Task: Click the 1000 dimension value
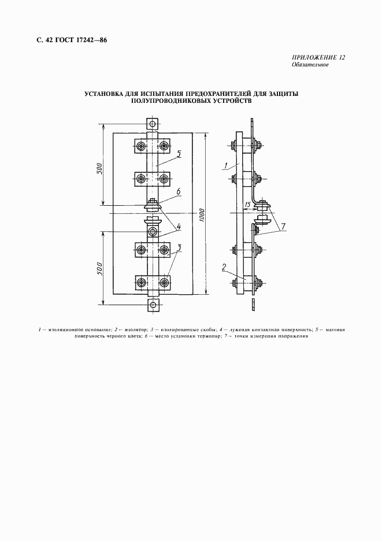pos(202,216)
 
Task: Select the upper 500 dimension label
pos(99,168)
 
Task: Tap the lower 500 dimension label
pos(99,269)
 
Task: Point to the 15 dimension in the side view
pos(247,205)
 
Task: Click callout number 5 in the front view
pos(179,153)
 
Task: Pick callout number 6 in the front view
pos(179,191)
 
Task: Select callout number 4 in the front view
pos(179,227)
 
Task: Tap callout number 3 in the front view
pos(179,247)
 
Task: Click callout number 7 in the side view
pos(283,227)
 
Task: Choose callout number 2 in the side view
pos(224,266)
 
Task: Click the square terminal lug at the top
pos(152,123)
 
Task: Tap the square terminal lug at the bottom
pos(152,305)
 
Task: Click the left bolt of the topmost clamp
pos(141,146)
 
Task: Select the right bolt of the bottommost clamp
pos(164,283)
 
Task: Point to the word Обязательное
pos(310,65)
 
